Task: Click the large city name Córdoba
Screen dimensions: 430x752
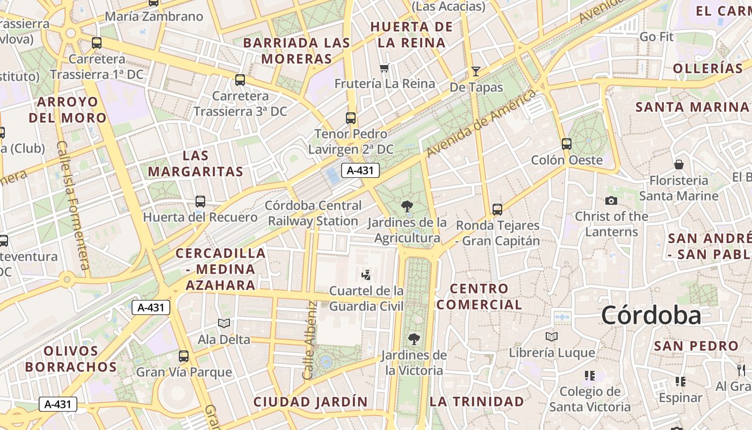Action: click(x=651, y=315)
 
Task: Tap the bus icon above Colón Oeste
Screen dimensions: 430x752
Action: click(x=567, y=144)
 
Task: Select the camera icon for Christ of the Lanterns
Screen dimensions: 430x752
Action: click(x=611, y=200)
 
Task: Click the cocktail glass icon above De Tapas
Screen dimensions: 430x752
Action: click(x=475, y=71)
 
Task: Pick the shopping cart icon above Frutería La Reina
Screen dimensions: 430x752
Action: click(x=384, y=68)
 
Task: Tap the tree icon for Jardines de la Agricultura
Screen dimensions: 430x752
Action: click(x=407, y=205)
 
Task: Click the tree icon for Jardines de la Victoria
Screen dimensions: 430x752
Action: click(x=414, y=339)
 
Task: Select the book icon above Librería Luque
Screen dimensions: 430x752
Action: click(x=552, y=336)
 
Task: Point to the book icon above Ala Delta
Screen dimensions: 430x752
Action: click(x=224, y=323)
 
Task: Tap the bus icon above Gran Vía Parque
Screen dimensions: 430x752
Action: click(x=184, y=356)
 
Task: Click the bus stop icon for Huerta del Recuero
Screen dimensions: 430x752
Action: click(x=200, y=202)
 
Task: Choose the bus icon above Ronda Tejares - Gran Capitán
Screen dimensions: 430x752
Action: click(x=497, y=209)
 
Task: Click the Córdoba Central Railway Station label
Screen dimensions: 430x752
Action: click(x=313, y=213)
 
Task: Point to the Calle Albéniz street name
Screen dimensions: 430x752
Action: click(x=310, y=340)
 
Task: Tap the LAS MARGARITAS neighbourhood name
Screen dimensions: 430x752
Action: click(x=196, y=164)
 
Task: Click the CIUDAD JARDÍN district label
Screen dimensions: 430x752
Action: click(x=310, y=402)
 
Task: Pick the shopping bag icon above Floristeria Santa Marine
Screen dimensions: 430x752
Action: click(x=679, y=164)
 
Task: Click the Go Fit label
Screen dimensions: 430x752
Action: click(x=656, y=37)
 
